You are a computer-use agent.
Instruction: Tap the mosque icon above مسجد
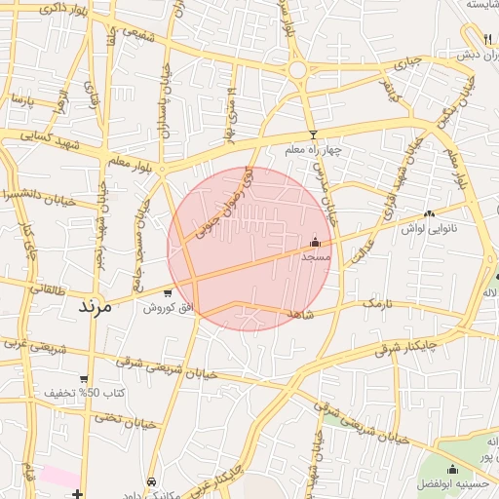click(315, 242)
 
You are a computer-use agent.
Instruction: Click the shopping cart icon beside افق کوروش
click(169, 292)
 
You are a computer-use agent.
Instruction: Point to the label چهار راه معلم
click(315, 151)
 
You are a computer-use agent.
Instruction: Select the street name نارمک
click(376, 305)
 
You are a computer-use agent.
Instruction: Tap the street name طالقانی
click(49, 289)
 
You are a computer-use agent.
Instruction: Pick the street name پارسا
click(19, 101)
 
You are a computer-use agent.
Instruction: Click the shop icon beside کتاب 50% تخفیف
click(85, 378)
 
